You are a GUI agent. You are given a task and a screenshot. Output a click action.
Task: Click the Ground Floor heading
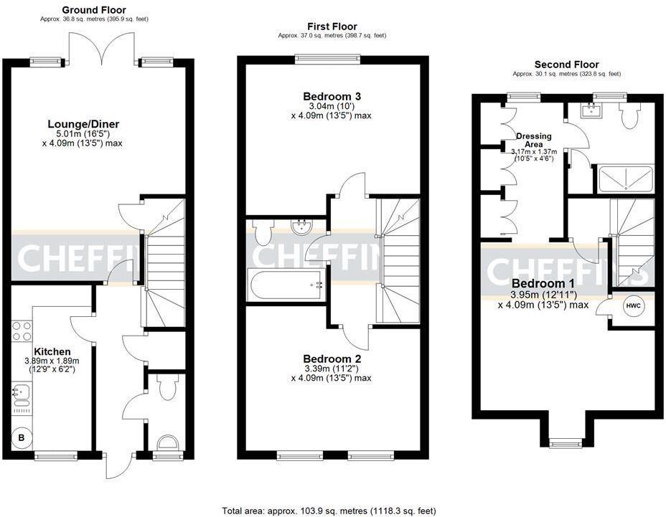93,10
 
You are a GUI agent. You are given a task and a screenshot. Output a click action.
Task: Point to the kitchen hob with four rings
22,331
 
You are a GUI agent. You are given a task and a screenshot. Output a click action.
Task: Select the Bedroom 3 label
332,96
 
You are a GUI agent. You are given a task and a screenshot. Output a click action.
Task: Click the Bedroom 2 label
332,359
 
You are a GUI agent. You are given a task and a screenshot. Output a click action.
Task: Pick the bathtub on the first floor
286,285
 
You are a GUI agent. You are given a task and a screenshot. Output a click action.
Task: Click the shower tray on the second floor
625,179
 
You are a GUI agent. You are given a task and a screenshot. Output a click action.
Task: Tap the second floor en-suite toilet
629,115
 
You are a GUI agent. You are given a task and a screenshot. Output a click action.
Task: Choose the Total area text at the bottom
329,511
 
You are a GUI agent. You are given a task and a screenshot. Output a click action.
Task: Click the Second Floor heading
566,65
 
